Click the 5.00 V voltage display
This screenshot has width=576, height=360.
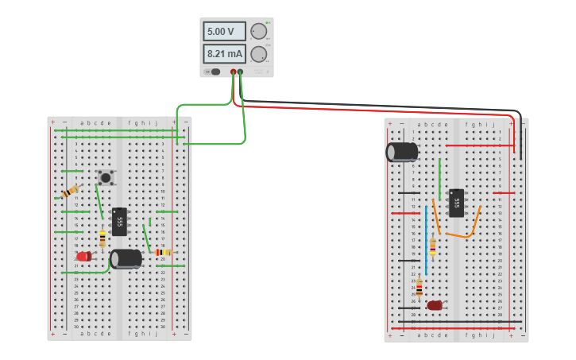pos(225,32)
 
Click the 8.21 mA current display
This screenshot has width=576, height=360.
pos(225,54)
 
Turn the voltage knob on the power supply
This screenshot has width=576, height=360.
pos(258,32)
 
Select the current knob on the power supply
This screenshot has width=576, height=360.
pos(258,54)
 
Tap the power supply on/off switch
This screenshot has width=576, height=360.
pos(213,72)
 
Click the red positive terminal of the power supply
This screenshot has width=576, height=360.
pos(234,72)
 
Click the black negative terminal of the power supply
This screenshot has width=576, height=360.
pos(240,72)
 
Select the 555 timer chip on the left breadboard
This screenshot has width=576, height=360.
pos(119,221)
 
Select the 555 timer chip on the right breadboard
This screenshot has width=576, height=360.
pos(456,203)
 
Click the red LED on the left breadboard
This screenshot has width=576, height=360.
pos(83,256)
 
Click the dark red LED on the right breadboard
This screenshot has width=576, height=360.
pos(434,305)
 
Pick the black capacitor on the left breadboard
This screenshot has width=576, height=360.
pos(126,258)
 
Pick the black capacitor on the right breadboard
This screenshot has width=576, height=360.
pos(402,152)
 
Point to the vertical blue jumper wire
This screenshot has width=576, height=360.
pos(426,238)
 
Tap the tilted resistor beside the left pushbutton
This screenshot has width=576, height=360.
pos(71,192)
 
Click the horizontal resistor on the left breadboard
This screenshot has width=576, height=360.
pos(164,252)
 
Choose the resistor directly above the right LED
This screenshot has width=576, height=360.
pos(419,288)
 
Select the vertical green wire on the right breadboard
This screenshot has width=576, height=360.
pos(439,179)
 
